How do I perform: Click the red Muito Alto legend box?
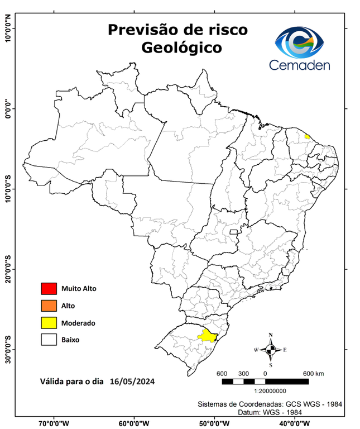click(x=49, y=289)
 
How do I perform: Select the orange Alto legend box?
click(x=49, y=306)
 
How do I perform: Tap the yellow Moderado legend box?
click(x=49, y=322)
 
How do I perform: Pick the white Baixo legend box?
click(x=49, y=339)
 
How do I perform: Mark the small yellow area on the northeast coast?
click(x=307, y=136)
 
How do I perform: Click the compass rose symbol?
click(x=271, y=350)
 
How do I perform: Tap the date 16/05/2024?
click(x=132, y=382)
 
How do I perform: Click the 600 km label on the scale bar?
click(x=313, y=373)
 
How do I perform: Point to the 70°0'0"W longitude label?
click(x=54, y=423)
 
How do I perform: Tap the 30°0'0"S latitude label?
click(x=7, y=349)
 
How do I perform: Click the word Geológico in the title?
click(x=181, y=48)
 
